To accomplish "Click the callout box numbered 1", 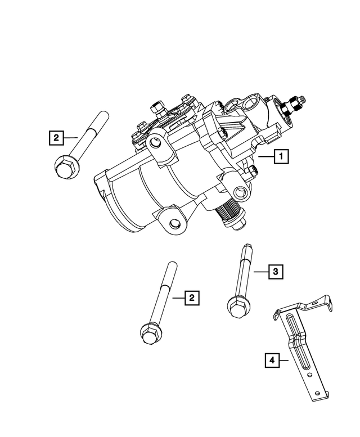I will tap(282, 156).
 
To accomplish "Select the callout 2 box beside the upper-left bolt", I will tap(56, 137).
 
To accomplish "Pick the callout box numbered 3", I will tap(275, 272).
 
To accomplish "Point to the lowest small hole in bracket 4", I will tap(319, 392).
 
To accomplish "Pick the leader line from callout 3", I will tap(259, 272).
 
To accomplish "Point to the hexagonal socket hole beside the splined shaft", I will tap(241, 194).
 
